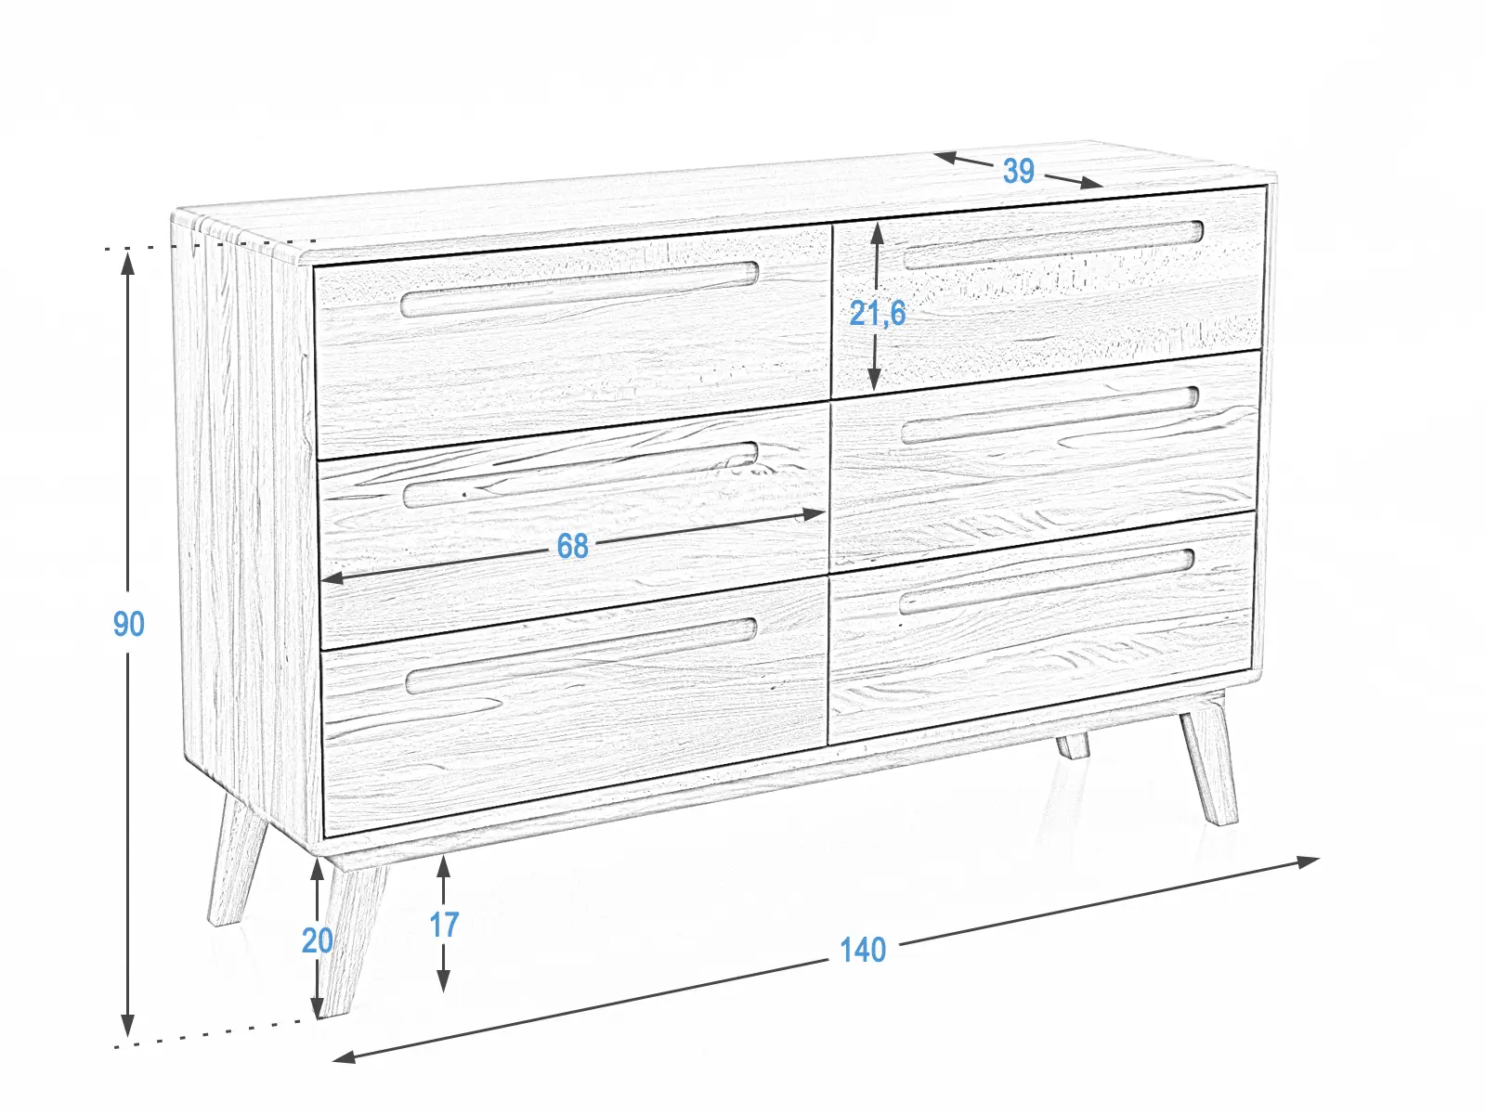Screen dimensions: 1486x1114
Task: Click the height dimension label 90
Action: coord(128,624)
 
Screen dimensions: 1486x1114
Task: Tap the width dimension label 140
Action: coord(863,950)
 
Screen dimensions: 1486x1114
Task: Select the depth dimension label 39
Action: coord(1018,171)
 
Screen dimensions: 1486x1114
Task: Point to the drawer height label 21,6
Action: coord(878,313)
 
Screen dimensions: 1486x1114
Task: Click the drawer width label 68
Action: coord(572,546)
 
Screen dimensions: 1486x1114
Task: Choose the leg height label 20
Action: coord(317,940)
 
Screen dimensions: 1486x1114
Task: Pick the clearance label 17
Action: coord(444,925)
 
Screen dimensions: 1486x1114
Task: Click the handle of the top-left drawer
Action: coord(580,289)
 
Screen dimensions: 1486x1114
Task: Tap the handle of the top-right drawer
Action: coord(1053,245)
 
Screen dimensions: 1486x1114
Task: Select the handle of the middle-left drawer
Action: coord(580,475)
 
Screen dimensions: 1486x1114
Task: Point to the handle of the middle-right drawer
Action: coord(1049,415)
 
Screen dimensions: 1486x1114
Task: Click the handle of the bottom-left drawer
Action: coord(580,655)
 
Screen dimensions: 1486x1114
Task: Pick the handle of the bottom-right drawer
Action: coord(1047,581)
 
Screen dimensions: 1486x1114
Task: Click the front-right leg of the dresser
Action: coord(1209,767)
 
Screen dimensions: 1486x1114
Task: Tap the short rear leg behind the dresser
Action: coord(1073,745)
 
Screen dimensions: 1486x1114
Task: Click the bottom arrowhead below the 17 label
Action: coord(443,978)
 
